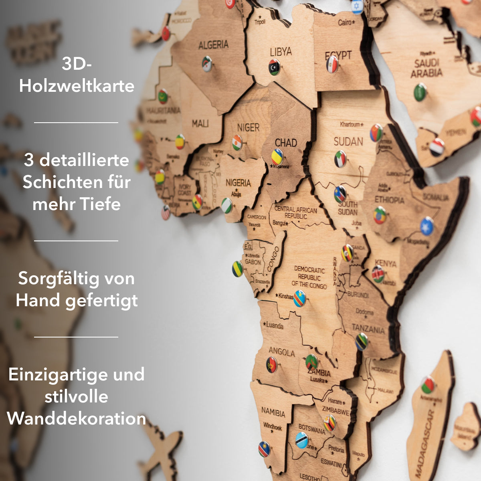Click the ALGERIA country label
(x=213, y=45)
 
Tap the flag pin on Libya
(x=274, y=67)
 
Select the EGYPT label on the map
(x=338, y=55)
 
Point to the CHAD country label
(x=286, y=143)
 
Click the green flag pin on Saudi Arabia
(x=420, y=92)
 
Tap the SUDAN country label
(x=348, y=141)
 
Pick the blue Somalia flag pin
(x=426, y=226)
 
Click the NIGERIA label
(x=238, y=183)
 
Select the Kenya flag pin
(x=378, y=274)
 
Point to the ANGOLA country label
(x=281, y=352)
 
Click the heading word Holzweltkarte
(x=77, y=86)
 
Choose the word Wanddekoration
(x=77, y=418)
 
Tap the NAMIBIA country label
(x=273, y=412)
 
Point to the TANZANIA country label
(x=368, y=329)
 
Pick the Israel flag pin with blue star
(x=357, y=6)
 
